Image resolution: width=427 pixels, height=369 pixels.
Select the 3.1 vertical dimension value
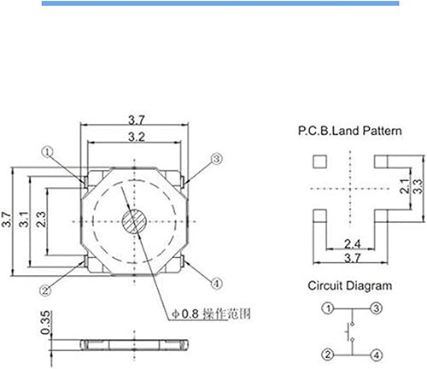(26, 221)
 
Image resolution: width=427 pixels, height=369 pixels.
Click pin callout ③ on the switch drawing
(216, 159)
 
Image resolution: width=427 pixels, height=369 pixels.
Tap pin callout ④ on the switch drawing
(216, 284)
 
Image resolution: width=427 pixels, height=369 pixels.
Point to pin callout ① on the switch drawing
(48, 152)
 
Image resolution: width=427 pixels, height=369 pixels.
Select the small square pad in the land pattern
(320, 160)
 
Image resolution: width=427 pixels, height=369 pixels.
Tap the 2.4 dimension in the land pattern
(351, 242)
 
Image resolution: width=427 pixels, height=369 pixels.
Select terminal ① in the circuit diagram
(327, 307)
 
